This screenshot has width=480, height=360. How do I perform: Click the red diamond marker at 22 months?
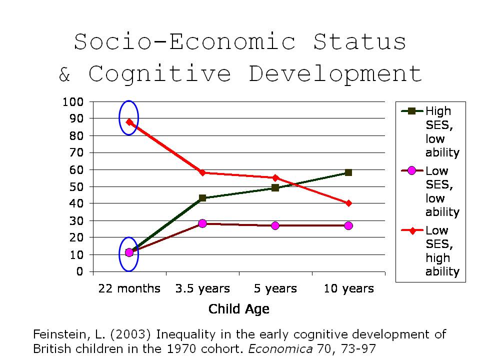click(129, 121)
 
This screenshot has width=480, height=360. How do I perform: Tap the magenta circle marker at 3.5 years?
click(202, 223)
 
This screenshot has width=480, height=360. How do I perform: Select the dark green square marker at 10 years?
click(348, 172)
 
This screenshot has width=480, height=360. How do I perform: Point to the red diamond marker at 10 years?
click(348, 203)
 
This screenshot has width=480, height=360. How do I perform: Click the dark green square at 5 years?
click(275, 188)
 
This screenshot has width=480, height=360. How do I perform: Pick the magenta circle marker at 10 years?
click(348, 225)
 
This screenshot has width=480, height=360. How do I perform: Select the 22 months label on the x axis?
click(129, 288)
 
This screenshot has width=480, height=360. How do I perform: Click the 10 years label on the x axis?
click(348, 288)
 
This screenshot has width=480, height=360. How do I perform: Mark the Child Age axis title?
click(239, 309)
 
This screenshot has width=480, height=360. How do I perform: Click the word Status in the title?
click(359, 42)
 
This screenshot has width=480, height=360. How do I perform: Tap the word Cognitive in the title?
click(160, 74)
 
